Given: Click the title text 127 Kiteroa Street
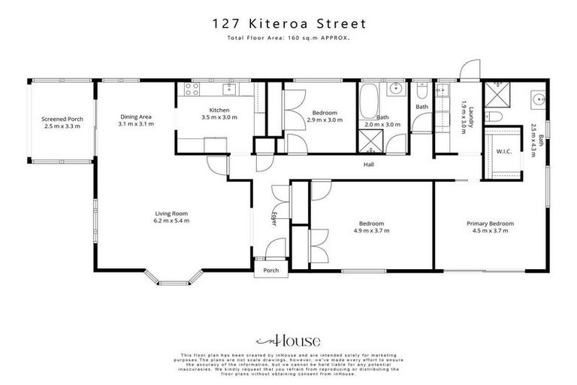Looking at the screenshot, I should coord(288,23).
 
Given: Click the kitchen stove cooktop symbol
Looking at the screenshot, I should coord(188,90).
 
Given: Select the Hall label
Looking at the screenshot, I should coord(369,165).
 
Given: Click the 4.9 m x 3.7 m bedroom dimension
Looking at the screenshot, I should coord(372,231).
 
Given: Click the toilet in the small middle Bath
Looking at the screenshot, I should coord(422,93).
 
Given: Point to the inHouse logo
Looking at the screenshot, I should coord(288,339).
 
